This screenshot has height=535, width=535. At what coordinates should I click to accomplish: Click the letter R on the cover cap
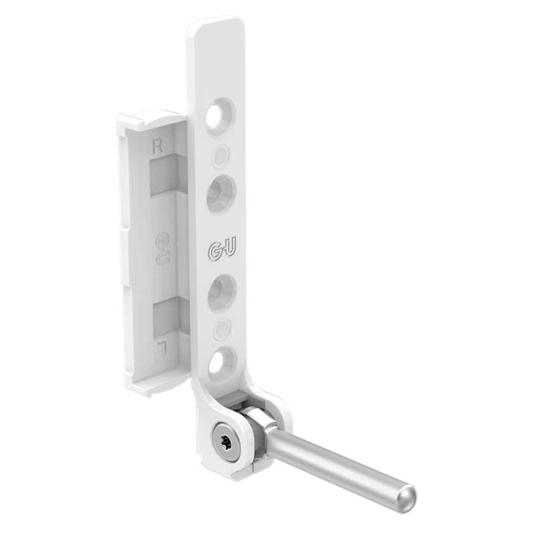[157, 147]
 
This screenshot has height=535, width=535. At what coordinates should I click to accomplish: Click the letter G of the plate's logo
[214, 251]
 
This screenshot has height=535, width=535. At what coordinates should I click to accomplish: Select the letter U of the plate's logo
[229, 250]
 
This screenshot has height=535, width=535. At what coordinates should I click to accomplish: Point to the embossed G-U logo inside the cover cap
[164, 249]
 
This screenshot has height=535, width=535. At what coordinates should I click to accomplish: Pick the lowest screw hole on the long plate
[223, 364]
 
